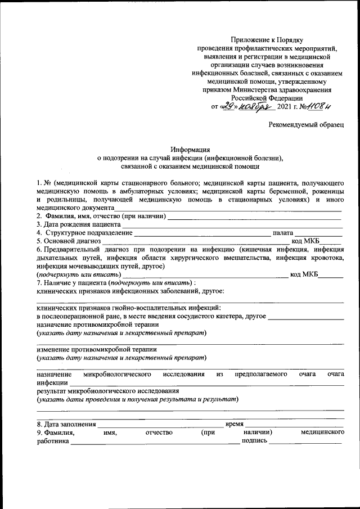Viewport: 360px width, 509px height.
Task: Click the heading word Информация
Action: [x=191, y=150]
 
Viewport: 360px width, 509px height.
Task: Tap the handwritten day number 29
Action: [x=228, y=106]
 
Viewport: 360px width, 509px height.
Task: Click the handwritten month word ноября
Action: [x=255, y=106]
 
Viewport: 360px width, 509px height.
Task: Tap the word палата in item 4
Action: [x=282, y=233]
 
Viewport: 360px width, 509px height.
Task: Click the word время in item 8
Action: [x=233, y=424]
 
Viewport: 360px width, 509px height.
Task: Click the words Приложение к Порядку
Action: [x=267, y=40]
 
